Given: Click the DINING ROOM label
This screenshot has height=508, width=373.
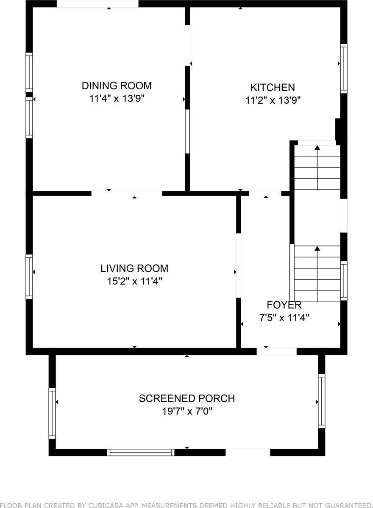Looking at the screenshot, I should (117, 86).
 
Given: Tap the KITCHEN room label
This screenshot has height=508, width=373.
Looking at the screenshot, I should (273, 88).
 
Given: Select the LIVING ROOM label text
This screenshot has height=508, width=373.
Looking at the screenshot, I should (134, 268).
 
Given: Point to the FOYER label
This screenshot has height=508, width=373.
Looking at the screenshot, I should (284, 305).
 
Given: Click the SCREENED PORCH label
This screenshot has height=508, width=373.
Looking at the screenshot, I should (187, 398).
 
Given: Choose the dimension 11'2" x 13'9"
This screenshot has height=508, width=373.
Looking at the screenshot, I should (273, 101).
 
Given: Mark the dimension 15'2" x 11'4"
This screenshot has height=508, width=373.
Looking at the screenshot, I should (134, 281).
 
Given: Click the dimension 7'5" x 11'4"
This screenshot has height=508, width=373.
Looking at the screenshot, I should (284, 318).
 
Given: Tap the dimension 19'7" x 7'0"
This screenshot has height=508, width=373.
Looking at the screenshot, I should (187, 411).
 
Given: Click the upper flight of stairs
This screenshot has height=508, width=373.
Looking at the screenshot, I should (317, 167).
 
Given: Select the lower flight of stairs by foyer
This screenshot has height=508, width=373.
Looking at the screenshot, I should (317, 274).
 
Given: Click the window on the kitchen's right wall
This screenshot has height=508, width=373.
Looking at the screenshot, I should (344, 68).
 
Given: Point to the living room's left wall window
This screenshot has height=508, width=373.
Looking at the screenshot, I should (29, 276).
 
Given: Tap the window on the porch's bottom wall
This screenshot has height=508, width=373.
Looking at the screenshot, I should (141, 452).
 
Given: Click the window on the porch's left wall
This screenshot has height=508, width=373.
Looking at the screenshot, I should (52, 413).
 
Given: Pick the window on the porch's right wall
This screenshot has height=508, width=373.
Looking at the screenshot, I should (322, 400).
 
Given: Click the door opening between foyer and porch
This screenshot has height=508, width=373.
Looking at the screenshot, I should (277, 351).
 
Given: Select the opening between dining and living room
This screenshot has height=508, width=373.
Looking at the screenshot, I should (127, 193).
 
